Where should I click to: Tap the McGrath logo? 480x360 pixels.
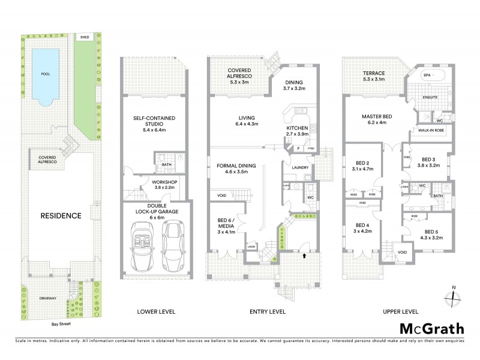(431, 328)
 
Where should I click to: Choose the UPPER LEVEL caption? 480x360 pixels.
(399, 311)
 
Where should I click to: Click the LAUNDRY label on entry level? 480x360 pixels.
(301, 168)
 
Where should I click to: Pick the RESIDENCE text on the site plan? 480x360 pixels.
(61, 215)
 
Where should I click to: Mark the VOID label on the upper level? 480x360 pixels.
(402, 252)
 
